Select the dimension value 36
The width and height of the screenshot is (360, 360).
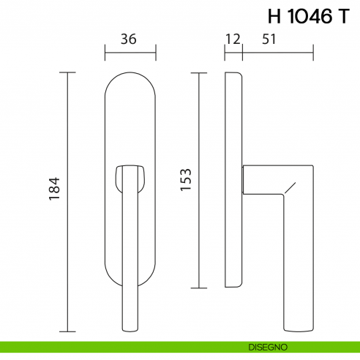(129, 40)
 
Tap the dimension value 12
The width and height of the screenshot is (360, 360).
(233, 40)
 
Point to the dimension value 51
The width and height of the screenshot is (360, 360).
(269, 40)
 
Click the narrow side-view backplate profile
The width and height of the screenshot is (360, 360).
(233, 180)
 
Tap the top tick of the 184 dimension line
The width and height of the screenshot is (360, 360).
(68, 72)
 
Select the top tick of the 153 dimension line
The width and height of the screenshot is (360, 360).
(197, 72)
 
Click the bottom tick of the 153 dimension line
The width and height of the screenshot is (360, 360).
(197, 288)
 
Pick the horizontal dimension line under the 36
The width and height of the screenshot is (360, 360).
(130, 53)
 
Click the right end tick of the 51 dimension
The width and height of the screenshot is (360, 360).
(313, 53)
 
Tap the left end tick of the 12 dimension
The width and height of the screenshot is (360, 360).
(225, 53)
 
